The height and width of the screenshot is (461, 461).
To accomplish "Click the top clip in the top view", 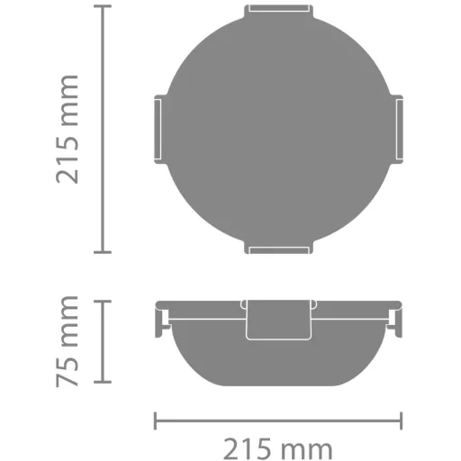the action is pos(278,10).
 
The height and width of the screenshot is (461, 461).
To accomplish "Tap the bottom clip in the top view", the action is pos(278,249).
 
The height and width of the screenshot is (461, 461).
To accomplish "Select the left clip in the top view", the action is pos(159,129).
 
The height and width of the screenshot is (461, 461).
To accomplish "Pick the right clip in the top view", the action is pos(397,129).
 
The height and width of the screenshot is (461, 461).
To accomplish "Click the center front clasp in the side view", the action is pos(278,320).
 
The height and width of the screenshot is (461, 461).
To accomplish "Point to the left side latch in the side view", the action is pos(162,321).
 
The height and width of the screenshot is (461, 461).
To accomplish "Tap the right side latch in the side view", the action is pos(395,321).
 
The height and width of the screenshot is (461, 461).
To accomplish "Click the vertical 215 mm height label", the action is pos(68,129).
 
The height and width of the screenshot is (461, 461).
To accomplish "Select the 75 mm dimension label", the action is pos(68,341).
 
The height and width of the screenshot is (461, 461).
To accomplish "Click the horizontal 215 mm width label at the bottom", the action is pos(278,449).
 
